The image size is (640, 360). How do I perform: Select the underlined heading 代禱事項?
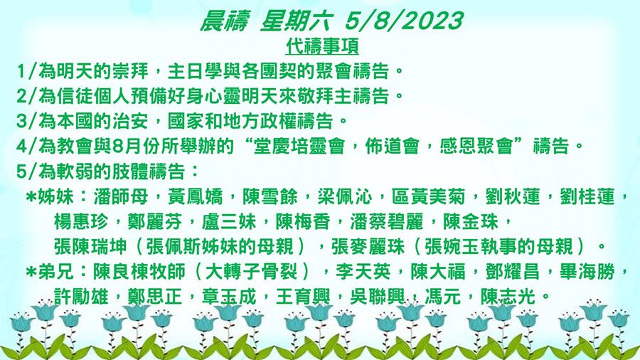321,46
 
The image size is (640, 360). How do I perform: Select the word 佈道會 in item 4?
392,147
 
